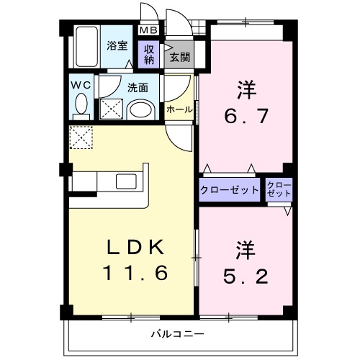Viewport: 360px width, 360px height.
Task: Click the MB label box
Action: (148, 30)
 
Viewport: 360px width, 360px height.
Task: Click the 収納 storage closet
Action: (149, 55)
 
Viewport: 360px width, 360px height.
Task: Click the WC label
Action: (80, 84)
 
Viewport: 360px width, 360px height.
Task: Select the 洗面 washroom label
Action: (138, 88)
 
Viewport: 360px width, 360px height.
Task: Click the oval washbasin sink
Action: (142, 110)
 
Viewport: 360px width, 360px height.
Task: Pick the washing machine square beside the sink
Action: (112, 109)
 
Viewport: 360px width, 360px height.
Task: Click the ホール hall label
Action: (179, 109)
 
